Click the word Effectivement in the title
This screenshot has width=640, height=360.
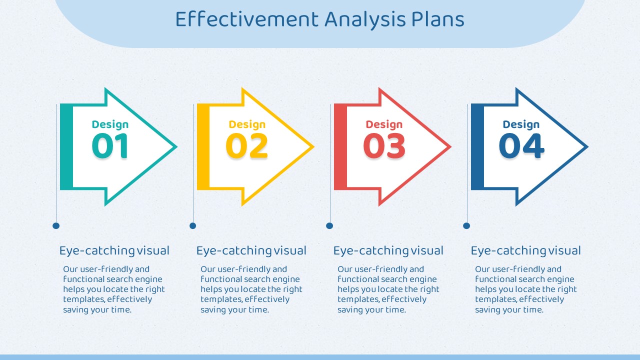pos(247,19)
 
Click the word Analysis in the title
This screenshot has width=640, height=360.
pos(365,20)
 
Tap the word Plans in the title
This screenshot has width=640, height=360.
pos(437,19)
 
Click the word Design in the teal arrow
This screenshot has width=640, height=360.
pos(110,124)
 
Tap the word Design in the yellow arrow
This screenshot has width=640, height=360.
pos(247,124)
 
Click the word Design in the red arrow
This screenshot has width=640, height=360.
pos(384,124)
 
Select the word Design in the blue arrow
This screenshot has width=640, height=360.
pos(521,124)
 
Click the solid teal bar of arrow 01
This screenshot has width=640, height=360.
pos(66,147)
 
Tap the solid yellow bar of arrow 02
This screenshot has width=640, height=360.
pos(203,147)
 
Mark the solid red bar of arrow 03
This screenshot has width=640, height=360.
pos(340,147)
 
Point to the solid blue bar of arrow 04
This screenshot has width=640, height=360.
pos(477,147)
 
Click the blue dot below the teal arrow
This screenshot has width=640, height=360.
pos(56,225)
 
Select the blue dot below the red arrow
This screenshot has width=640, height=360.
pos(329,225)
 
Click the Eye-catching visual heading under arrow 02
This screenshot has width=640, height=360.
pos(251,251)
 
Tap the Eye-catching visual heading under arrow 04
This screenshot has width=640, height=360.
pos(525,251)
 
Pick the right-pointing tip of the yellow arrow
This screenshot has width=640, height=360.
pos(314,147)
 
